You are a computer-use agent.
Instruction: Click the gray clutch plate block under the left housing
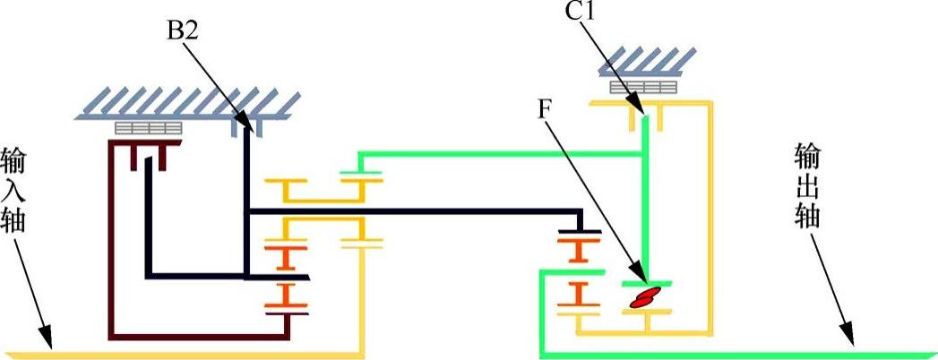[148, 128]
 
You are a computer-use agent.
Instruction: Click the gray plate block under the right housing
[642, 88]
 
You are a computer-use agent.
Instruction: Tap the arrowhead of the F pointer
[642, 277]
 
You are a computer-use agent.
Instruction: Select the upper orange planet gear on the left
[286, 256]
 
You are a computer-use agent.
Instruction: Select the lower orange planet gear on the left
[286, 296]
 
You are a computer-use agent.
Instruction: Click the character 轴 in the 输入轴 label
[13, 219]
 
